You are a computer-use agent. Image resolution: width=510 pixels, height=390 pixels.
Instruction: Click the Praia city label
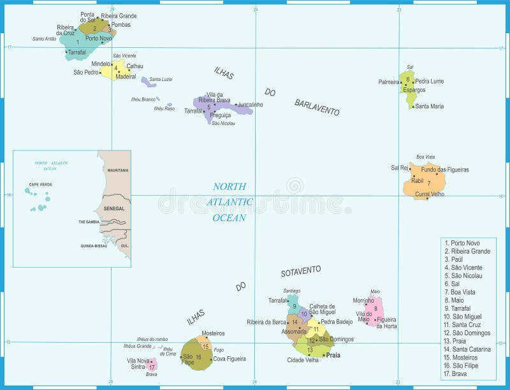[x=333, y=355]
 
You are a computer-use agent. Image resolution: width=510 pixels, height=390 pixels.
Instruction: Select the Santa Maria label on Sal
[x=429, y=106]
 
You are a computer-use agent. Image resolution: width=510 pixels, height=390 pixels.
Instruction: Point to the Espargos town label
[x=414, y=90]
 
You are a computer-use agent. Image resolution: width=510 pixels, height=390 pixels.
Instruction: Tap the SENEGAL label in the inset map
[x=115, y=208]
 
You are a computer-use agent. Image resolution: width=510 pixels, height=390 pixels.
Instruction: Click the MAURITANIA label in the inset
[x=118, y=171]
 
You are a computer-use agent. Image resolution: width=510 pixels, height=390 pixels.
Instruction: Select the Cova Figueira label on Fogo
[x=229, y=359]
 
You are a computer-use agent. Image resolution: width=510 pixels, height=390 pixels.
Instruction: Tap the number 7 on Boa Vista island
[x=428, y=183]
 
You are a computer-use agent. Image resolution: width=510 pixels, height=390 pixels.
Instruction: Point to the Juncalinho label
[x=250, y=105]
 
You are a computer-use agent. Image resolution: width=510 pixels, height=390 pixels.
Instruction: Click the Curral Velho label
[x=430, y=194]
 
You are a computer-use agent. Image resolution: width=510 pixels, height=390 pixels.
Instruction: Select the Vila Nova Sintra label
[x=138, y=364]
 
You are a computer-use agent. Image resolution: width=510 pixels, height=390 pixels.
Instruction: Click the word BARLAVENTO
[x=317, y=107]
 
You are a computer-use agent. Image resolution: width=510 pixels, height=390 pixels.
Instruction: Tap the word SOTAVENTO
[x=301, y=271]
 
